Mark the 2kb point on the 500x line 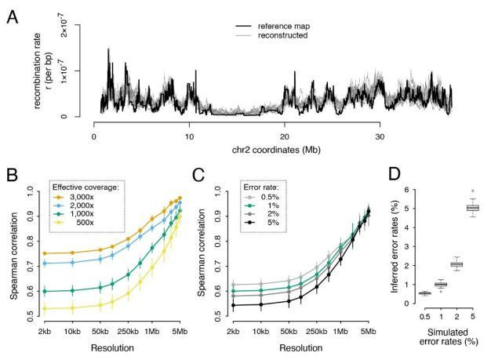click(45, 308)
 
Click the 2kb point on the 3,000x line click(45, 253)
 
